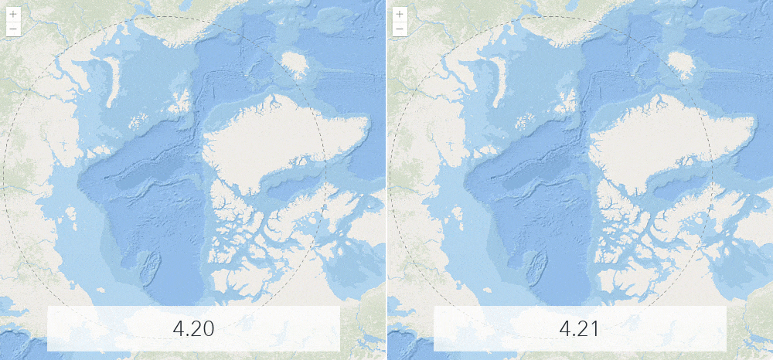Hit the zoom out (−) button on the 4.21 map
[x=399, y=29]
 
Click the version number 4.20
[x=193, y=328]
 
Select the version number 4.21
[x=580, y=328]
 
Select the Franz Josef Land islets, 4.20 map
[x=139, y=121]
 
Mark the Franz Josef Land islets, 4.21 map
[x=526, y=121]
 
